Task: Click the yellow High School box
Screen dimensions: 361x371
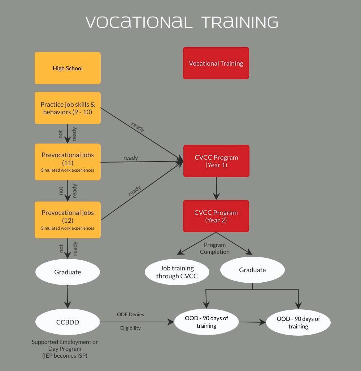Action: tap(68, 68)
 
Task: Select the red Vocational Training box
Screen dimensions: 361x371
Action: tap(216, 63)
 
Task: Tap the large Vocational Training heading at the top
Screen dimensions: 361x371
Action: tap(182, 22)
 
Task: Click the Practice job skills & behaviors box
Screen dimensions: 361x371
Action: tap(68, 108)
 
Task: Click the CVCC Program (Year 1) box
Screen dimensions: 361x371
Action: tap(216, 161)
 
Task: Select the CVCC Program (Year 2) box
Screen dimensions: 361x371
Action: tap(216, 216)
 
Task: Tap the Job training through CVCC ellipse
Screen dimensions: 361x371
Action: tap(177, 272)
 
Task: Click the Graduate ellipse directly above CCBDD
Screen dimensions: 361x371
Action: tap(68, 272)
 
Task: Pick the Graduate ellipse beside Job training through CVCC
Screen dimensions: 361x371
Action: tap(252, 270)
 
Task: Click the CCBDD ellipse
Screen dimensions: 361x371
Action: tap(68, 322)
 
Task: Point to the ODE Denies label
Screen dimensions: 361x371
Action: tap(130, 314)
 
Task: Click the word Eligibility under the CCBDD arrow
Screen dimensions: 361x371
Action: tap(130, 328)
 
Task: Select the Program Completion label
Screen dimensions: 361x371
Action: tap(215, 248)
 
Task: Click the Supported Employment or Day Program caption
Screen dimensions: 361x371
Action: tap(65, 349)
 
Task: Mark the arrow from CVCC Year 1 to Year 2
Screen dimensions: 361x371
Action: tap(216, 188)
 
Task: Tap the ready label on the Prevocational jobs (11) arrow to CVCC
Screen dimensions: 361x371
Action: tap(131, 158)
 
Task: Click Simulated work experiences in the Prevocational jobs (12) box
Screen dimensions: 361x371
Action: tap(68, 228)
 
